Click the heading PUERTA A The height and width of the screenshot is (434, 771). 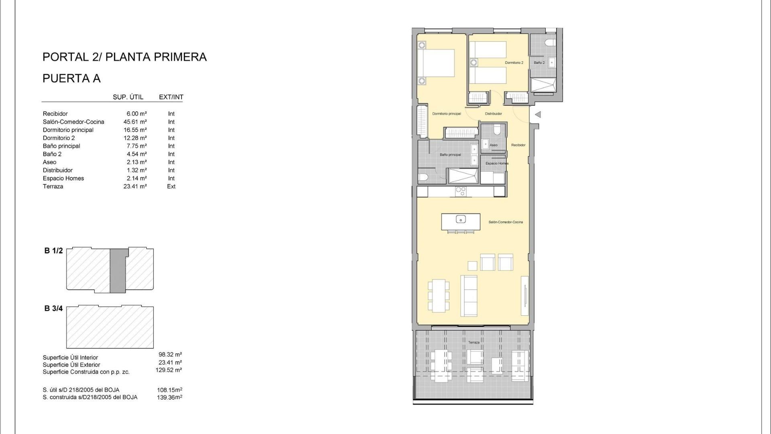71,78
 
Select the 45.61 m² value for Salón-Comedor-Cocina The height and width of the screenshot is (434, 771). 135,122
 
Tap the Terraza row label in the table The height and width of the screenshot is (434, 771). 53,186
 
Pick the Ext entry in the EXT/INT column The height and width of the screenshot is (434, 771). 171,186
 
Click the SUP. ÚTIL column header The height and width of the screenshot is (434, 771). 128,97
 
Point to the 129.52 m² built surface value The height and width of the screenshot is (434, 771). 169,370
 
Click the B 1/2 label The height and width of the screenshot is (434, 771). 53,251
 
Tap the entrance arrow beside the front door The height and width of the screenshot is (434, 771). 538,115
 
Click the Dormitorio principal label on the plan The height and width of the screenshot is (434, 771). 447,114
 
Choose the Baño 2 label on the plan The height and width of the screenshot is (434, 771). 539,63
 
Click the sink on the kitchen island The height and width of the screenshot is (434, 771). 461,219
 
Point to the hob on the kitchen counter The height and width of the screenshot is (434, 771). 461,192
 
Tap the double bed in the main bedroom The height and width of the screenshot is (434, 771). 436,63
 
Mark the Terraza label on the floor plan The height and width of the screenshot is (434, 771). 474,342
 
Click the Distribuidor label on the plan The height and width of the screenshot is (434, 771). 494,114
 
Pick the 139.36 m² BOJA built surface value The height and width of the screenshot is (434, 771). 169,397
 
